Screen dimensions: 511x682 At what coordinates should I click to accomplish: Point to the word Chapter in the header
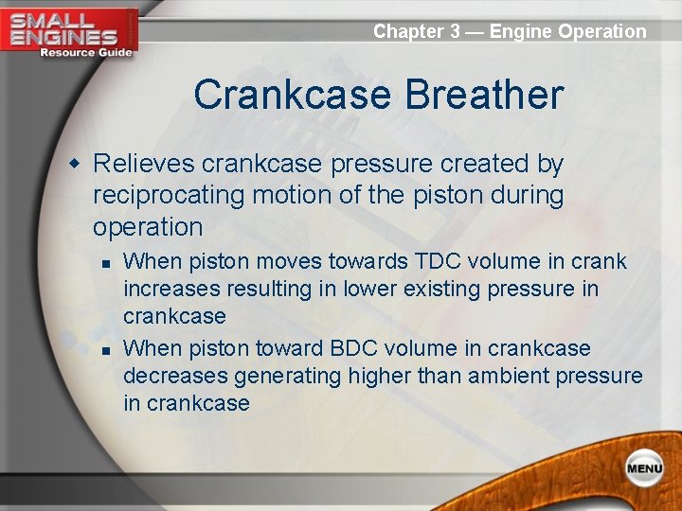point(408,31)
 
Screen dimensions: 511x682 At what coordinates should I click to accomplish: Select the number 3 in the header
point(455,31)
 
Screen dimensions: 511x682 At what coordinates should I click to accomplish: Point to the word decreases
point(175,377)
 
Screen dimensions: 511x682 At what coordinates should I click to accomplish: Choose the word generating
point(289,377)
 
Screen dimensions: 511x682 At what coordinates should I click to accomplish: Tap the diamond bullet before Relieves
point(74,165)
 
